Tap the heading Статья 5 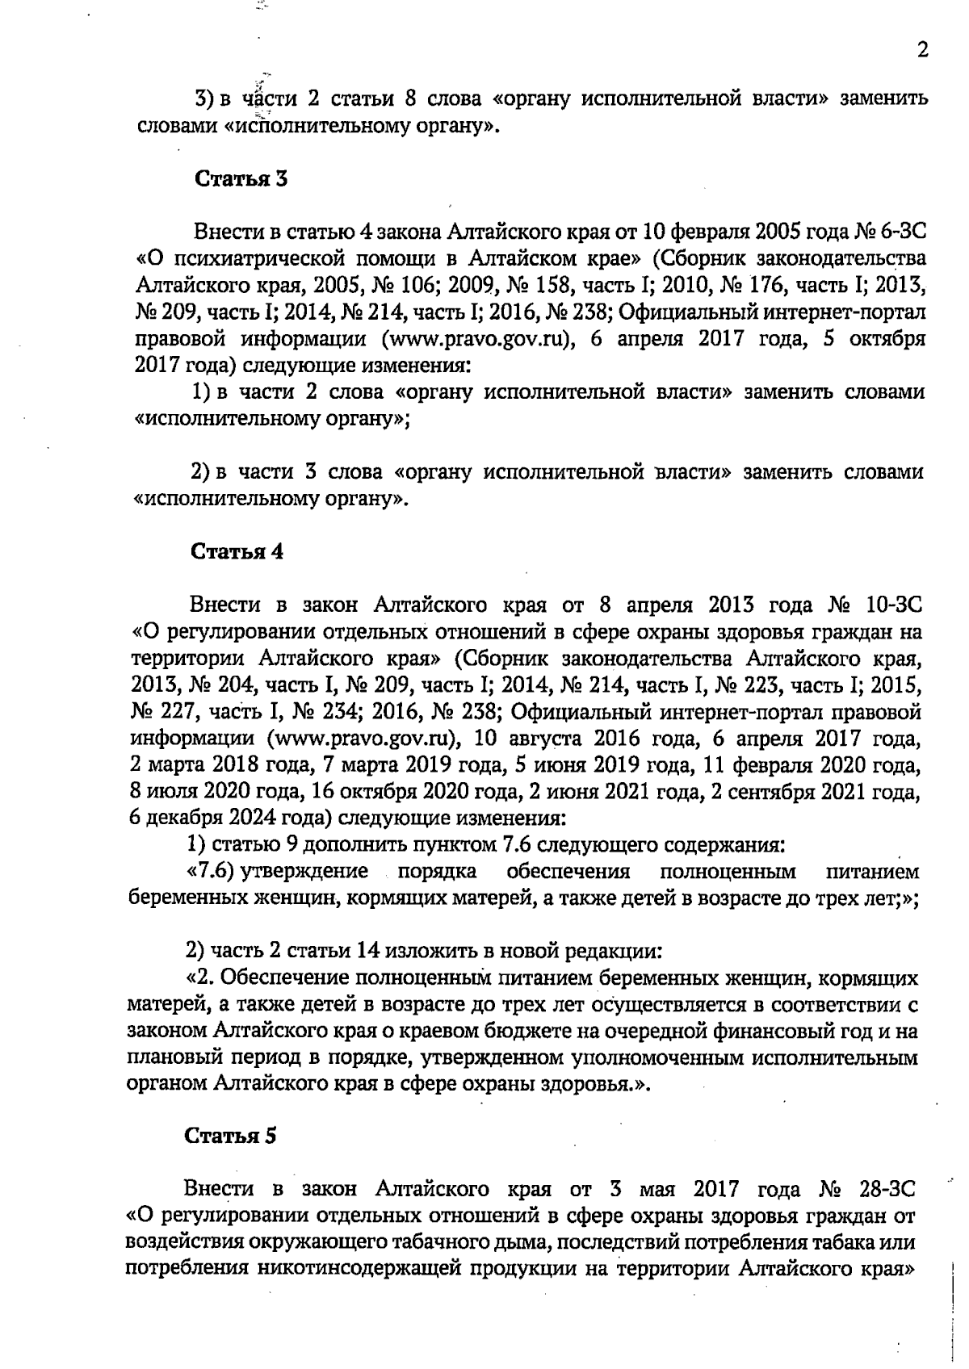231,1136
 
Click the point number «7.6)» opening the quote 211,872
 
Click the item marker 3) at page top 203,100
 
